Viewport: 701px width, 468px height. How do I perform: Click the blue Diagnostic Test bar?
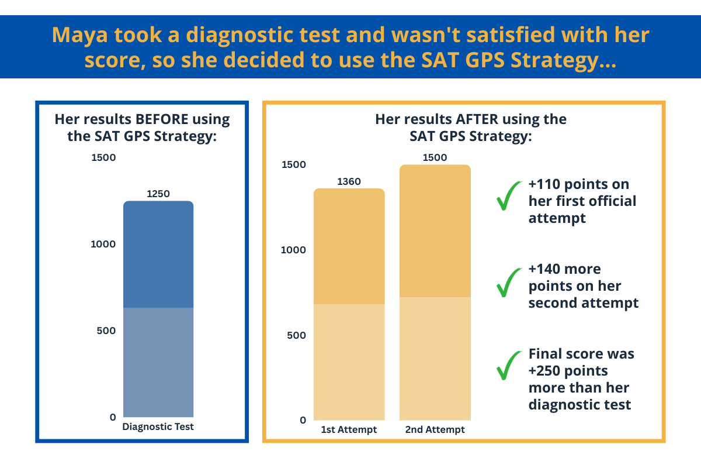point(158,309)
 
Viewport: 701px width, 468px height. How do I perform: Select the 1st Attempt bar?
point(349,304)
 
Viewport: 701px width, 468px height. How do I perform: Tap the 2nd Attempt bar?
point(435,292)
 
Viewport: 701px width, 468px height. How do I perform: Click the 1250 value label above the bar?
point(158,194)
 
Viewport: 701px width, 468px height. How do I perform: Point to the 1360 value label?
point(349,181)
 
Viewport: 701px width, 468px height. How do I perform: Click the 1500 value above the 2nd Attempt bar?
point(435,157)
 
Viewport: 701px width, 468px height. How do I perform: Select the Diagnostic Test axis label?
point(158,426)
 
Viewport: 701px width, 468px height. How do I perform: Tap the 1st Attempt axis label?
point(349,429)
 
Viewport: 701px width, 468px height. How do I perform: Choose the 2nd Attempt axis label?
point(435,429)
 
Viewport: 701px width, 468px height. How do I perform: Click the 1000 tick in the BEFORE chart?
point(103,244)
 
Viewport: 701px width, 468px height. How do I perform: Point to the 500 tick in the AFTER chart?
point(296,335)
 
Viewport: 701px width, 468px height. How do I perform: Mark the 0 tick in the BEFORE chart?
point(113,417)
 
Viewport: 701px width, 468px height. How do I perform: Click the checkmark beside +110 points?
point(509,196)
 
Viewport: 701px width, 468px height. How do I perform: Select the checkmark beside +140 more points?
point(509,283)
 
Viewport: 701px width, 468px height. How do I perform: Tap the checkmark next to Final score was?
point(509,365)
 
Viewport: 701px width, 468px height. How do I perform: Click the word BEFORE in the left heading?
point(162,119)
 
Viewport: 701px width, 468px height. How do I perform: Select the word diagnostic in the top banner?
point(263,35)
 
